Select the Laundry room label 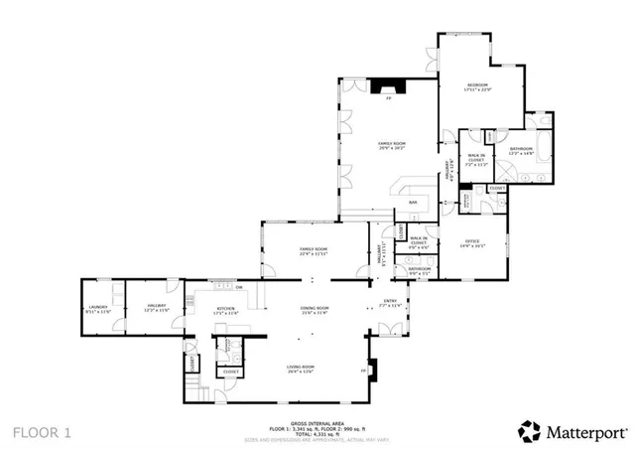96,308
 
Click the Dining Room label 315,309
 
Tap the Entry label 390,303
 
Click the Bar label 412,203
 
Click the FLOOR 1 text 42,432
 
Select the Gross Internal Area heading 317,423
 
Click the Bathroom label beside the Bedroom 521,151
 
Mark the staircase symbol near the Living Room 202,389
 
